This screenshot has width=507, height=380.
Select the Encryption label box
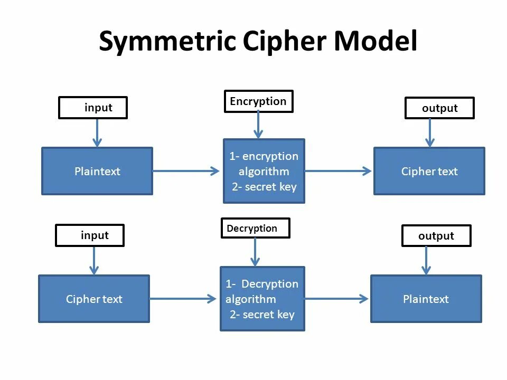258,101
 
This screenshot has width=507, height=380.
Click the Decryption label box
255,229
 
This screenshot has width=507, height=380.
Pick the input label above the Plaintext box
93,108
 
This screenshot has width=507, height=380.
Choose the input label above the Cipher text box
90,235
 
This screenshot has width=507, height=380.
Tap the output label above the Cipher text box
439,108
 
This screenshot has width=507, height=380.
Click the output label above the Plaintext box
436,236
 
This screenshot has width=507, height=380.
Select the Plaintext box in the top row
97,171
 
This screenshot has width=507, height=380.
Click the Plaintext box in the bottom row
426,299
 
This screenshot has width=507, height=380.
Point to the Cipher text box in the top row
429,171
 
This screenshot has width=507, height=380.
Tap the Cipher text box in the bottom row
94,299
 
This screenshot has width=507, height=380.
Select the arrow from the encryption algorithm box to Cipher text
339,171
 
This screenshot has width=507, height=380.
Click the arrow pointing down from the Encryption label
258,125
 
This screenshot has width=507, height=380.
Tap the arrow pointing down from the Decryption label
255,252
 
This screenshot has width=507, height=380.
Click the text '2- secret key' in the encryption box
264,187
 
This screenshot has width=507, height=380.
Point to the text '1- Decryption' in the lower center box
262,284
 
